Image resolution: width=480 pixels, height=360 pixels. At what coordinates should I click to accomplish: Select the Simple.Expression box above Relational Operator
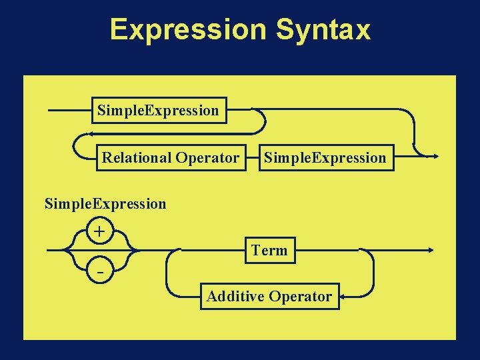158,110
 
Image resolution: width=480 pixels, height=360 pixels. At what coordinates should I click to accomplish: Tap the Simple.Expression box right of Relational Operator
325,158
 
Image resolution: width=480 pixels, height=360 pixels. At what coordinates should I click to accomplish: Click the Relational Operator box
171,158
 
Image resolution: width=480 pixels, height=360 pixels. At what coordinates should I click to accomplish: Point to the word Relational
137,158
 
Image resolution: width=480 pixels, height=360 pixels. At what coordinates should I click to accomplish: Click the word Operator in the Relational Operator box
207,158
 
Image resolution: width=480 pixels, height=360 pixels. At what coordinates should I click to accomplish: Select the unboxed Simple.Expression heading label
105,203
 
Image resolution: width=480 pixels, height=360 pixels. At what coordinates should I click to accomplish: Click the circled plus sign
99,232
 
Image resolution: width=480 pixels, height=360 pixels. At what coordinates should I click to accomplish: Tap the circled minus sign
99,273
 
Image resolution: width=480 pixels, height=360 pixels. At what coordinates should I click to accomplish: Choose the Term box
269,251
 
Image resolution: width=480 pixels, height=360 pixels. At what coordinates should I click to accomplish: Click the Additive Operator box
269,296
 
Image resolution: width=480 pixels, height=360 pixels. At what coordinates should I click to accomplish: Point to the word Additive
235,296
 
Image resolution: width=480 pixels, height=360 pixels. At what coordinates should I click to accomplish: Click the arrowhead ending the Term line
431,251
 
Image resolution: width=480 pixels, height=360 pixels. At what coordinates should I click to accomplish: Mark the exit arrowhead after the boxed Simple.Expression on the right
434,157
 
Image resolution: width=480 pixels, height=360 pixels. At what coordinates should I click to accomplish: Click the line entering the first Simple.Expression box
70,110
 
